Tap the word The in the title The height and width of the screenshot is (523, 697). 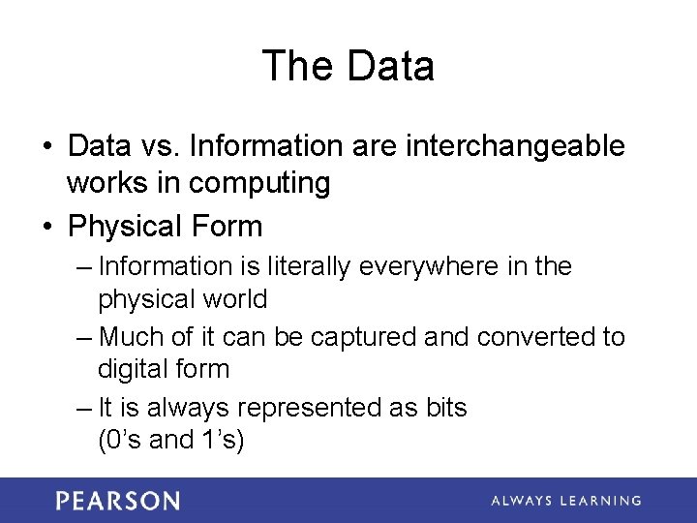pos(296,66)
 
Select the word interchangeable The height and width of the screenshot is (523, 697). pos(516,146)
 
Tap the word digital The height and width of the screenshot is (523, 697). pos(130,369)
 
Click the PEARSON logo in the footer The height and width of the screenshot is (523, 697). pos(117,501)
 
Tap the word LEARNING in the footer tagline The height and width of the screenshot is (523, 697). pos(598,501)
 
